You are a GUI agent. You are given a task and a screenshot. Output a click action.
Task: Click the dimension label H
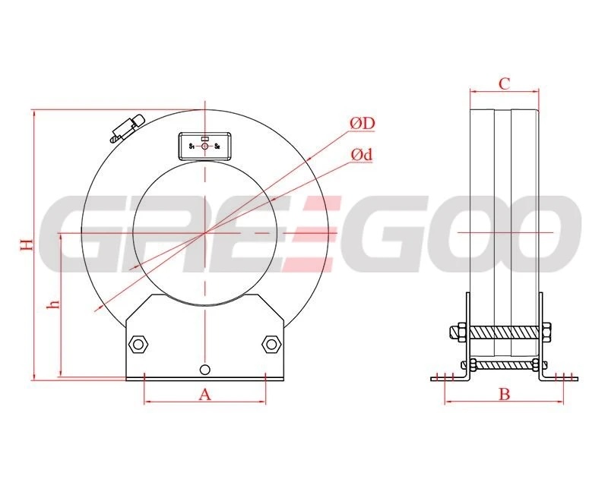(27, 244)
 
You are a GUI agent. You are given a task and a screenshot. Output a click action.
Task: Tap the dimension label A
(204, 395)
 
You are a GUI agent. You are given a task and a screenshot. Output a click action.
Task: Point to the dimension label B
(504, 395)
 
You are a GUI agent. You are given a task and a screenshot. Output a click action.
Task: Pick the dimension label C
(504, 84)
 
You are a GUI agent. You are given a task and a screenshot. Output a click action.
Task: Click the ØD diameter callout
(363, 124)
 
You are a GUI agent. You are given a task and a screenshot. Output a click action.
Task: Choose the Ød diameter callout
(362, 155)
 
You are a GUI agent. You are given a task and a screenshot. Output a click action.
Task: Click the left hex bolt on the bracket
(138, 344)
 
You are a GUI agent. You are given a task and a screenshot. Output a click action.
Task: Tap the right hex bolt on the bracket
(271, 344)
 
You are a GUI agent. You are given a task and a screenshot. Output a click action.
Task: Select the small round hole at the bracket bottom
(204, 370)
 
